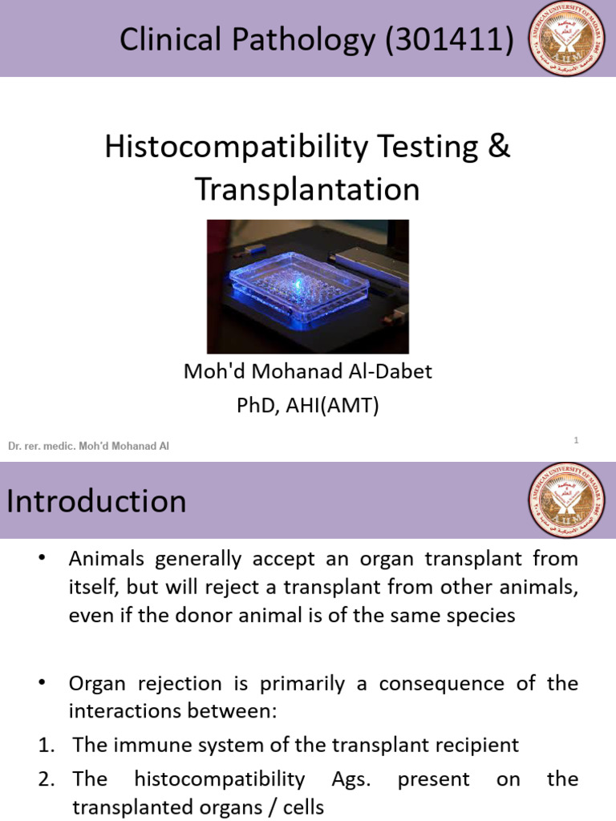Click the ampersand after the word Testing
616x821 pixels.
499,147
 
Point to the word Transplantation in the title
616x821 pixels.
308,190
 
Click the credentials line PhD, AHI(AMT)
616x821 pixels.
308,406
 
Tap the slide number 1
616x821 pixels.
576,439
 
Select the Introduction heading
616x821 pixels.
97,502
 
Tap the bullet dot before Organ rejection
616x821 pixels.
43,683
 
